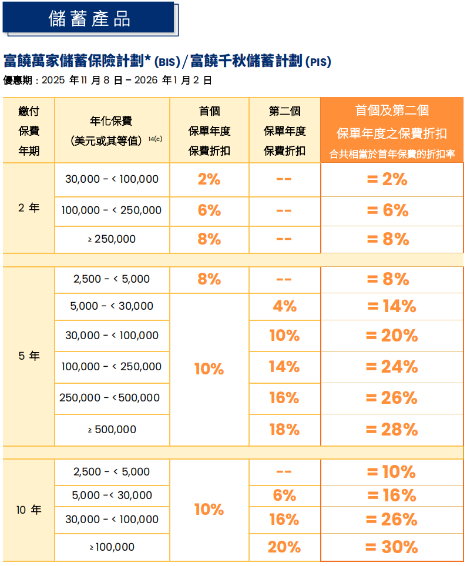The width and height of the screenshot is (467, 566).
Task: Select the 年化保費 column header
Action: click(x=111, y=121)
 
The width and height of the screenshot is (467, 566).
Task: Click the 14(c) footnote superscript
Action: click(x=155, y=139)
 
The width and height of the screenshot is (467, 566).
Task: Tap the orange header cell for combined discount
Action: click(x=392, y=130)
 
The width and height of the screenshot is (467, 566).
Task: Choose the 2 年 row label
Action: click(x=29, y=207)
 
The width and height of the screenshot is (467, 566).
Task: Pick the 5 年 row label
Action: click(x=29, y=356)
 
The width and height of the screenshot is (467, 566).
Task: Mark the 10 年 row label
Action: click(x=29, y=510)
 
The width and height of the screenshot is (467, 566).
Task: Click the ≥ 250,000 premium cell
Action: click(x=112, y=239)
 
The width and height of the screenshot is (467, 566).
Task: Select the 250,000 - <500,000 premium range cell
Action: click(x=110, y=398)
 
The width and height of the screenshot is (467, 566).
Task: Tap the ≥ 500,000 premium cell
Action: click(x=112, y=430)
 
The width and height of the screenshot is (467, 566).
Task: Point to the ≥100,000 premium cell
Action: click(x=112, y=547)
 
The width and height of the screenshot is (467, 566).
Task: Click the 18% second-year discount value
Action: click(x=284, y=430)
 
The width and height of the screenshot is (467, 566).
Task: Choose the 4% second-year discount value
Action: click(x=284, y=306)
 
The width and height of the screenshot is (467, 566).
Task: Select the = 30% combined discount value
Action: click(x=391, y=547)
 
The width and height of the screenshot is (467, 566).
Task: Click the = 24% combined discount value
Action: click(x=391, y=367)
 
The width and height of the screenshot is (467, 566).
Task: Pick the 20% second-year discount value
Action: click(x=284, y=547)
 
